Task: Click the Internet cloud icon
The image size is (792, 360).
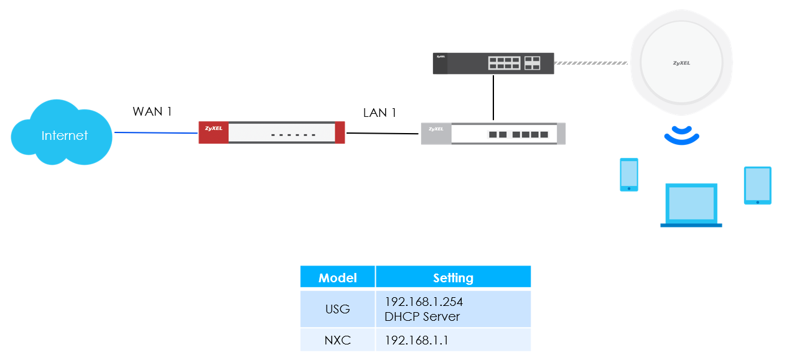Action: [x=62, y=134]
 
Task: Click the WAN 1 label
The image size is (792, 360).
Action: [x=152, y=111]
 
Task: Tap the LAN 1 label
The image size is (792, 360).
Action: [x=380, y=113]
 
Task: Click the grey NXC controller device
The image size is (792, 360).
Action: [x=493, y=134]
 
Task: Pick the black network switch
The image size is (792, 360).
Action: [x=493, y=63]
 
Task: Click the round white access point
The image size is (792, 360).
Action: [x=681, y=63]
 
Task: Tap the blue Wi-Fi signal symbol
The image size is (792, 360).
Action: [x=681, y=135]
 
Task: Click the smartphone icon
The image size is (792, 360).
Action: [x=629, y=175]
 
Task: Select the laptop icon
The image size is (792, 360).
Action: [x=691, y=205]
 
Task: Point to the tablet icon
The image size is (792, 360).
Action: [x=757, y=185]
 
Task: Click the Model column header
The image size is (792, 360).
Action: [x=337, y=277]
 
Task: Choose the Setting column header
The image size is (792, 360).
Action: [x=453, y=277]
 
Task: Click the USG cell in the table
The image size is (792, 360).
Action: [x=337, y=309]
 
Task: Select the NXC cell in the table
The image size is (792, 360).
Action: [x=337, y=341]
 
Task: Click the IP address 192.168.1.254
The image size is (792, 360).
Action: [x=424, y=302]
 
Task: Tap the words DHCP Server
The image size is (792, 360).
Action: [x=422, y=316]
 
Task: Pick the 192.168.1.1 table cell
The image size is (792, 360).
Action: [x=417, y=341]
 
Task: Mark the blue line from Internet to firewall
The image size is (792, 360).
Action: [x=156, y=132]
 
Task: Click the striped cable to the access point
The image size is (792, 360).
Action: [x=591, y=63]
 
